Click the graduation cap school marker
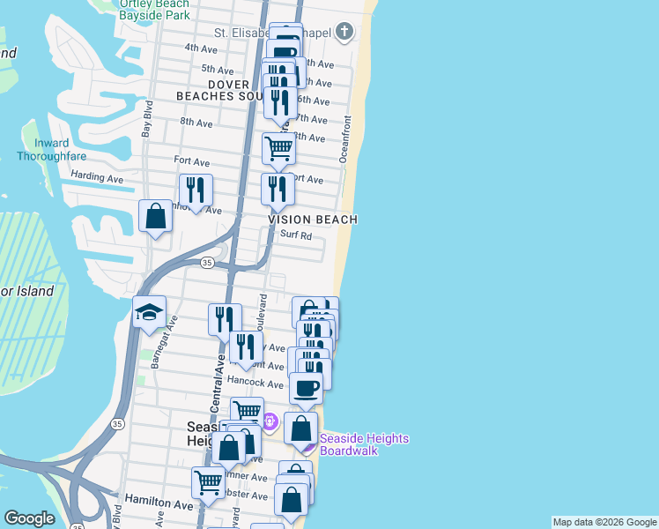(150, 312)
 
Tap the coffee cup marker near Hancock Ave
(306, 387)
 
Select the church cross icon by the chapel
(349, 33)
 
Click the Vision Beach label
(313, 220)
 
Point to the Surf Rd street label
(296, 235)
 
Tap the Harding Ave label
(97, 177)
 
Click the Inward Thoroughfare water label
(51, 150)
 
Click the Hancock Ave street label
(255, 384)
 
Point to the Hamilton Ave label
(159, 505)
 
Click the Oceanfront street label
(346, 138)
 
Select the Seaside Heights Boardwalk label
(352, 444)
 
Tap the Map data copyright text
(603, 522)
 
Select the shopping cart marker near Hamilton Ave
(208, 482)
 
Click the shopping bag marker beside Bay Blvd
(155, 216)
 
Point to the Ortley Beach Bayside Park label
(154, 10)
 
